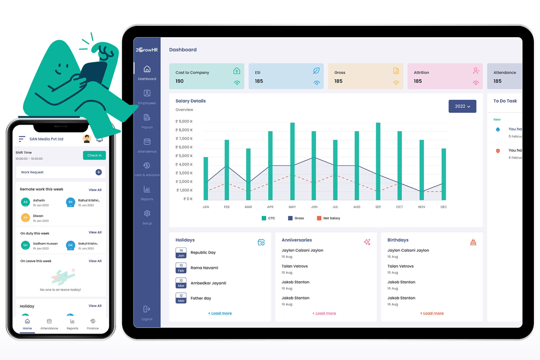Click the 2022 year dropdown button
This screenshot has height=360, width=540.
(462, 106)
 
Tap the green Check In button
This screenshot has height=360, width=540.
(94, 155)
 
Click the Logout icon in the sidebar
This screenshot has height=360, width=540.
(147, 309)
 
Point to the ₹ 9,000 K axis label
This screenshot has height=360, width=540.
(184, 121)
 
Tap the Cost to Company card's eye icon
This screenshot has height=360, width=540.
(237, 83)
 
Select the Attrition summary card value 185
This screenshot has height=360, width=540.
(418, 81)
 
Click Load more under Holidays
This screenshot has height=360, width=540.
(220, 313)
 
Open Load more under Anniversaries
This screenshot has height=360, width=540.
(324, 313)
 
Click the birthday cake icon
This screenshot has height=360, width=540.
(473, 242)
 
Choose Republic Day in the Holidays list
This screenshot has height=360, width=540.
(203, 253)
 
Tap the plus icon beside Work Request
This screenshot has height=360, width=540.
(99, 172)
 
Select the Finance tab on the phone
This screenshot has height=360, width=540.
(93, 323)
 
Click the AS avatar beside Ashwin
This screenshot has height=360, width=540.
(25, 202)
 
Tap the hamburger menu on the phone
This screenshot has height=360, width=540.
(22, 139)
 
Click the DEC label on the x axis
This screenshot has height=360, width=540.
(443, 207)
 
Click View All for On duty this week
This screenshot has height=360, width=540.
(95, 233)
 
